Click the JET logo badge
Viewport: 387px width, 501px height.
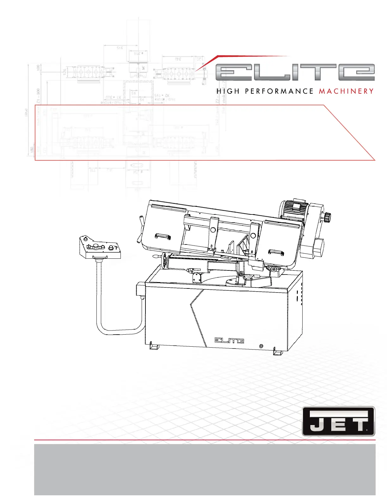pos(338,421)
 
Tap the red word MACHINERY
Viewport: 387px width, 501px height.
pos(346,91)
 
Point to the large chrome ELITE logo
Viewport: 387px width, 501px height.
pos(295,72)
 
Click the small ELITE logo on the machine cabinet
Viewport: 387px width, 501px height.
pos(229,340)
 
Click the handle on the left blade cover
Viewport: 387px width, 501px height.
pos(163,236)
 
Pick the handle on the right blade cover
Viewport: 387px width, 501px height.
pos(276,252)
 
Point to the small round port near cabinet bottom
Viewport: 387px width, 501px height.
pos(261,346)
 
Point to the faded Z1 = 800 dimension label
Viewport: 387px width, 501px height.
pos(38,96)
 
